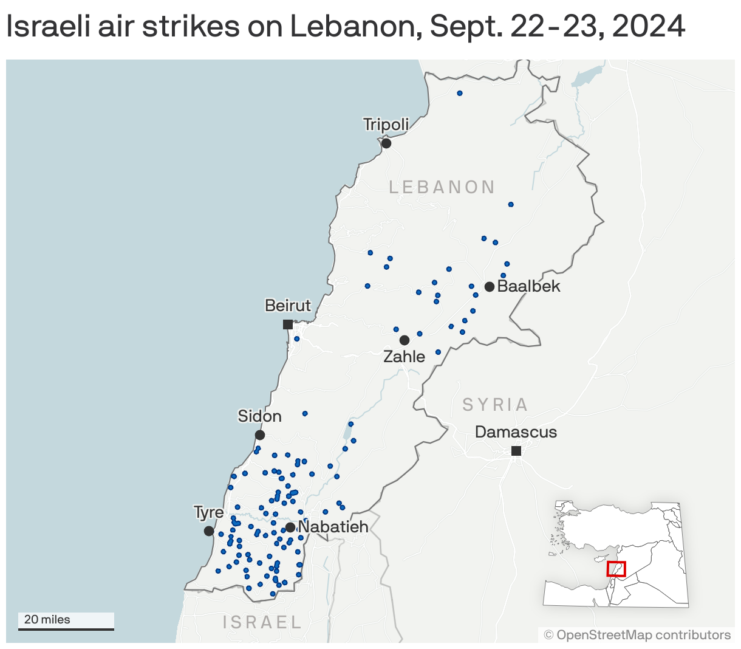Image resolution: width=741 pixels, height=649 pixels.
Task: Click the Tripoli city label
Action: [x=386, y=125]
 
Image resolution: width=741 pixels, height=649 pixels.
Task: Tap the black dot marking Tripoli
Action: [x=386, y=143]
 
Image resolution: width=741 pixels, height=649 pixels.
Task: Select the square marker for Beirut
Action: [x=288, y=324]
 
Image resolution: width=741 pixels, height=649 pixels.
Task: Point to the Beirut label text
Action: [x=288, y=306]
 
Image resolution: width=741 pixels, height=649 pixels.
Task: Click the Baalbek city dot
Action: [x=490, y=286]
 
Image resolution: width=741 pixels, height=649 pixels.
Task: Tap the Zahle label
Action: [x=404, y=357]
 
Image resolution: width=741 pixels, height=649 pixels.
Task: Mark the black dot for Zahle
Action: [x=405, y=340]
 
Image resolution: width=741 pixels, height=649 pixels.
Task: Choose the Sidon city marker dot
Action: [x=260, y=435]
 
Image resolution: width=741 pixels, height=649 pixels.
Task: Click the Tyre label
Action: [x=209, y=512]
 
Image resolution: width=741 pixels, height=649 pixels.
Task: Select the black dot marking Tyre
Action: [x=209, y=531]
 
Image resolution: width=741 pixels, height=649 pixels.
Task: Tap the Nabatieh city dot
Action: [x=290, y=527]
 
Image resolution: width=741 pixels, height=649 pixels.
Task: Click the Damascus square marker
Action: [x=516, y=451]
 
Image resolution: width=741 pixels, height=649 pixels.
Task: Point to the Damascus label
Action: [x=516, y=432]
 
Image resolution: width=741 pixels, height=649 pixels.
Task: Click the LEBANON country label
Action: [x=442, y=187]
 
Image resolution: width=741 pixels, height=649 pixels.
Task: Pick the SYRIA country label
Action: [x=495, y=405]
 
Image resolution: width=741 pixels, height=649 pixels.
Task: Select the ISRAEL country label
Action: [x=262, y=622]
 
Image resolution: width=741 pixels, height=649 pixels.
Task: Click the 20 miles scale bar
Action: [x=66, y=628]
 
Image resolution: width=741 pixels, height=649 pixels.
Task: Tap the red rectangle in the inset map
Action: [x=616, y=569]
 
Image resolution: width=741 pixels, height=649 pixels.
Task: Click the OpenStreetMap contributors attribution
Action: [x=637, y=635]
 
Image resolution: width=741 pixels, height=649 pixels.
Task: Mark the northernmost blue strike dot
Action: [x=460, y=93]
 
